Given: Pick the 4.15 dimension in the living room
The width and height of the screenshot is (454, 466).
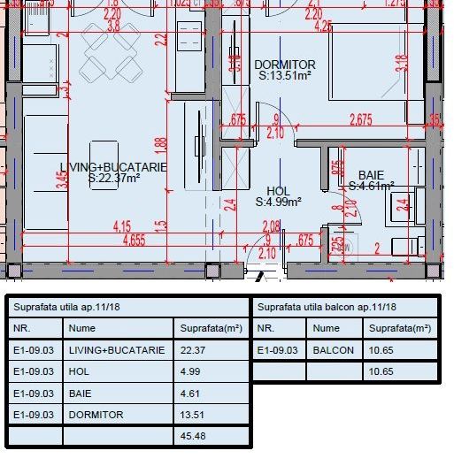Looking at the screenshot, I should [122, 226].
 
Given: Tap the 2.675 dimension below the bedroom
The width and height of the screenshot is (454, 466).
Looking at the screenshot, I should [360, 119].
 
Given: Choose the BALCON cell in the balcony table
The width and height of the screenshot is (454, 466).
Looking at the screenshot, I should [333, 350].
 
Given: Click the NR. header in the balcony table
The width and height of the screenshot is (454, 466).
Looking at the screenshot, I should [266, 328].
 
